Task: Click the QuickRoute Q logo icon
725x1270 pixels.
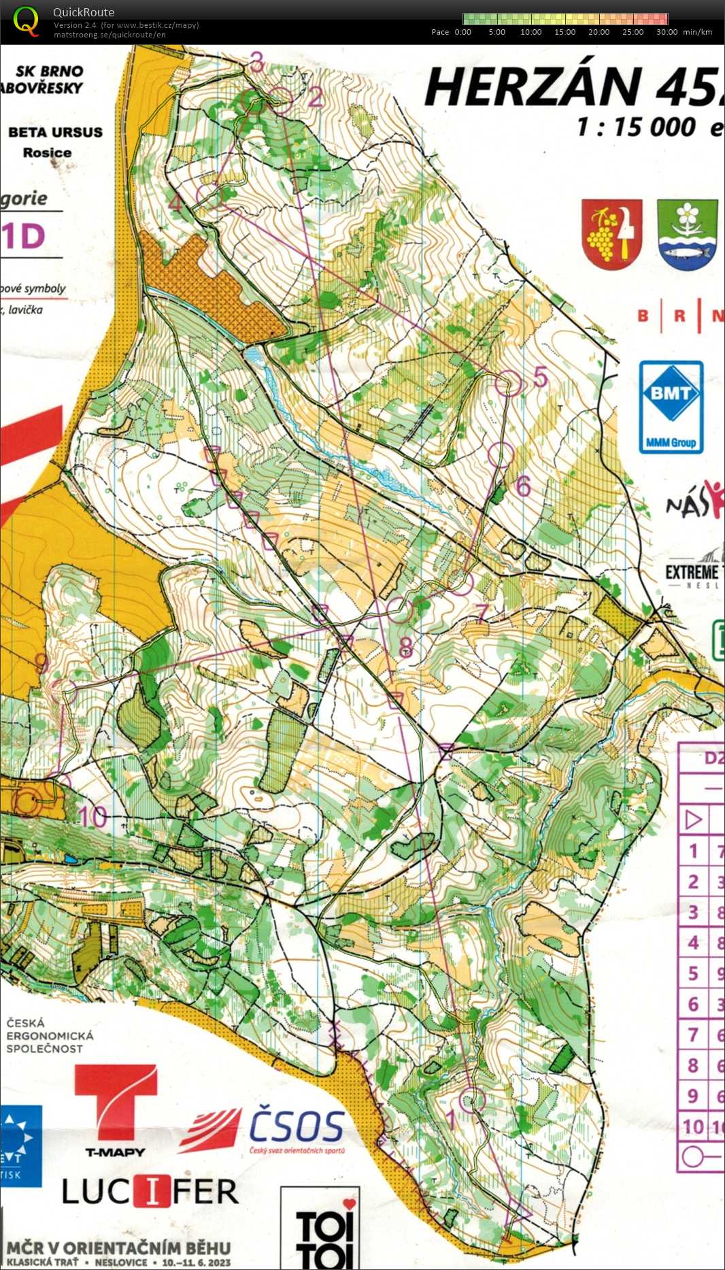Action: pos(26,20)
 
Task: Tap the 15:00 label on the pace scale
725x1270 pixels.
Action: pos(564,32)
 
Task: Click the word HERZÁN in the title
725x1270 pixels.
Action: pos(530,88)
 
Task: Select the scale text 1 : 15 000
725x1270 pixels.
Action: pos(636,127)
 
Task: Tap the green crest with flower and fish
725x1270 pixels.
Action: pos(688,234)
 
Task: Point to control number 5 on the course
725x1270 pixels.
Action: pos(541,376)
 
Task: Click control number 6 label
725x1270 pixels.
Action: pos(523,486)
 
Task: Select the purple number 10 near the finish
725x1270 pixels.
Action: pos(93,817)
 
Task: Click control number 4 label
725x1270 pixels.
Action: pos(175,203)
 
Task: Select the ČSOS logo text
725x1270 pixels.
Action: pos(297,1126)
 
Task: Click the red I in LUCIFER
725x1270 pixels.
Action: pos(153,1191)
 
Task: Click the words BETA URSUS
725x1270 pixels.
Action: pos(55,133)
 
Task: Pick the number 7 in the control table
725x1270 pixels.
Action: pos(693,1035)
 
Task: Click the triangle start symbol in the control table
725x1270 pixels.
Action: pos(693,820)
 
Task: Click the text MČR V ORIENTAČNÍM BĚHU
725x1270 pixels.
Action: pos(119,1248)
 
